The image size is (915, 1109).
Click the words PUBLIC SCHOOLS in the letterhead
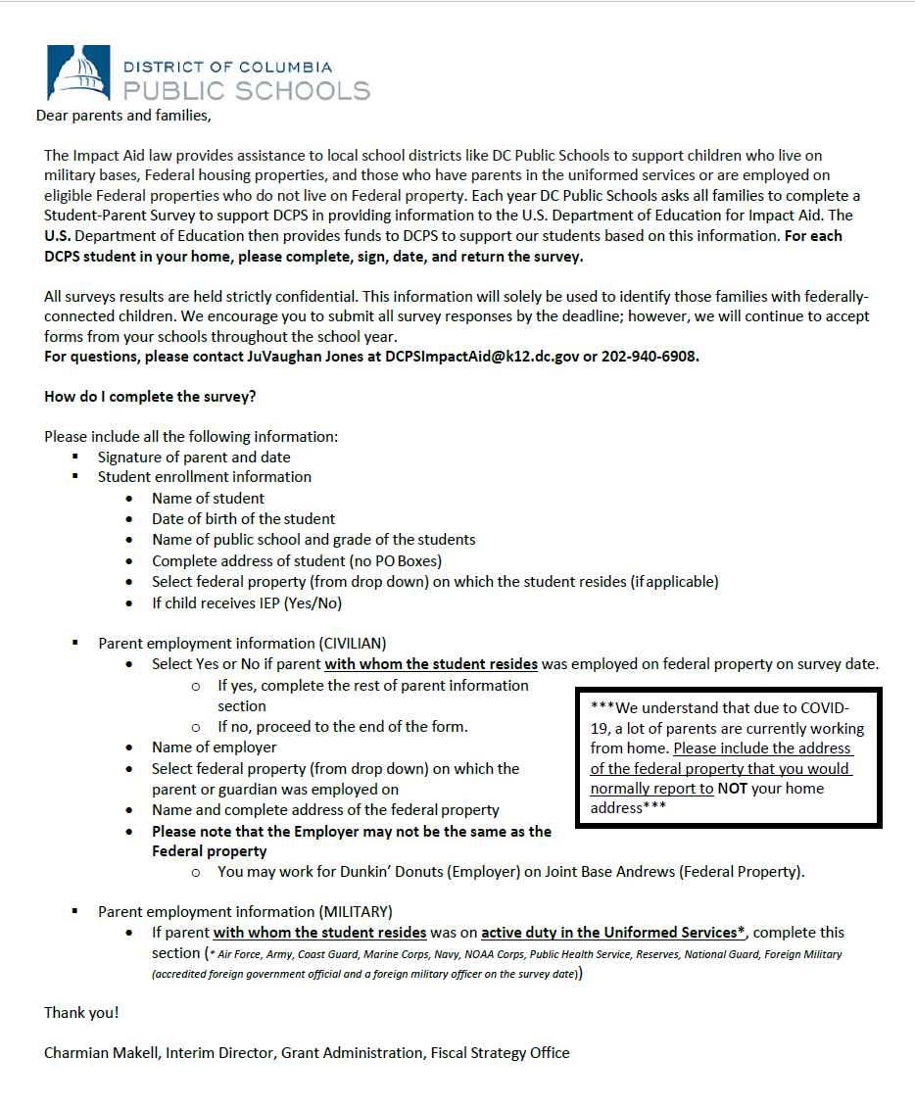(x=246, y=91)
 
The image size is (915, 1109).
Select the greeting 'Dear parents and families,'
(x=123, y=116)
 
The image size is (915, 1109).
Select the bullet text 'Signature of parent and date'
(x=194, y=457)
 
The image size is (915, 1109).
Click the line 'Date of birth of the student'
(x=243, y=518)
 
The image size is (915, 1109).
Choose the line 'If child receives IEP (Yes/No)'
(x=247, y=603)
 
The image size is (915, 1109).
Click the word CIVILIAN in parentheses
(x=352, y=644)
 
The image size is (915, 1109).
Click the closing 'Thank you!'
(x=81, y=1012)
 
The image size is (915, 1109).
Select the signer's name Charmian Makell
(x=101, y=1053)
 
